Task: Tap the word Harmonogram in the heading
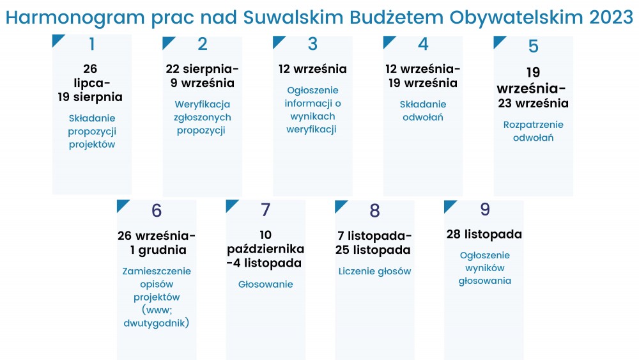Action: pos(75,19)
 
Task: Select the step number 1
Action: pos(92,44)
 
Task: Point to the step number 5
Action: pos(533,46)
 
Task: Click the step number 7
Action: pos(266,210)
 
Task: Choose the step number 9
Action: pos(484,209)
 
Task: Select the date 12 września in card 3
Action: pos(312,69)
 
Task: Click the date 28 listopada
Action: pos(484,234)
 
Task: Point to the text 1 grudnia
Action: pos(158,250)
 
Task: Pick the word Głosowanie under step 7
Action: pos(266,284)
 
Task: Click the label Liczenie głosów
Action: pos(374,272)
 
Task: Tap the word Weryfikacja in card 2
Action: pos(202,104)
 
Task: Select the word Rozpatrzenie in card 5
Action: pos(533,125)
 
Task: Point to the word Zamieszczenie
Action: pos(157,271)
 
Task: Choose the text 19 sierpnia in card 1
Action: pos(89,97)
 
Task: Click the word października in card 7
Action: pos(266,249)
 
